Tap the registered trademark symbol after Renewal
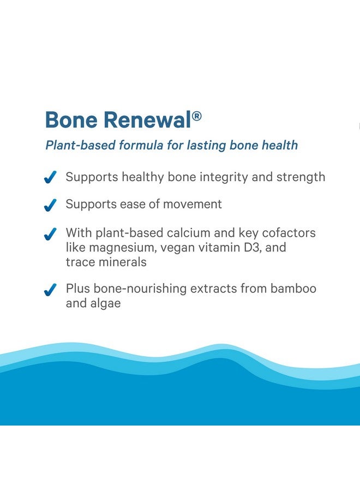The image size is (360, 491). pyautogui.click(x=197, y=116)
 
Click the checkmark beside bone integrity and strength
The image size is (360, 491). pyautogui.click(x=50, y=177)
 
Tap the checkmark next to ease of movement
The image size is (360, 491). pyautogui.click(x=50, y=205)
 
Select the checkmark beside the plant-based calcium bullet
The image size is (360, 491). pyautogui.click(x=50, y=233)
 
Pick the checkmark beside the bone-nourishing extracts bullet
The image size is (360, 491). pyautogui.click(x=50, y=290)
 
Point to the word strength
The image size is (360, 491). pyautogui.click(x=302, y=177)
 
